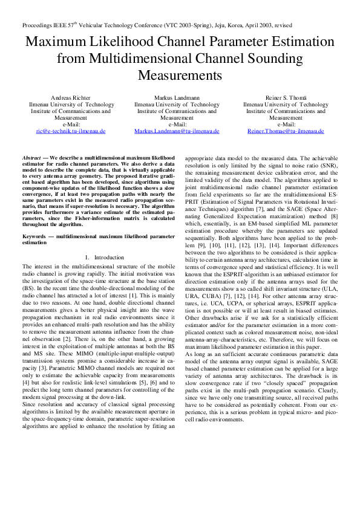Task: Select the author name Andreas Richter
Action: click(x=71, y=97)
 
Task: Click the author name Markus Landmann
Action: click(x=177, y=97)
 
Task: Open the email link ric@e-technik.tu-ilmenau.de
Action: click(x=71, y=131)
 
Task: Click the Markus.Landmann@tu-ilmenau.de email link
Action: click(x=177, y=131)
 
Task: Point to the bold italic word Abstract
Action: click(x=31, y=157)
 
